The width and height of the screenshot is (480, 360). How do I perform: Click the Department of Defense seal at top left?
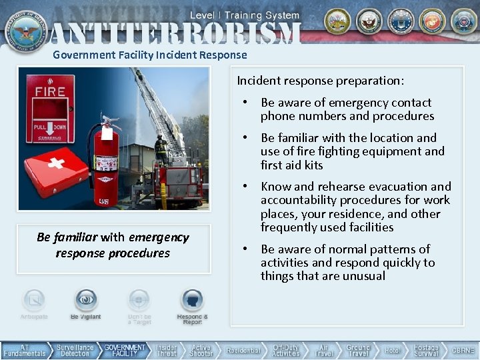(26, 29)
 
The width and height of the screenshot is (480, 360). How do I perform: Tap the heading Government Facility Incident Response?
(150, 55)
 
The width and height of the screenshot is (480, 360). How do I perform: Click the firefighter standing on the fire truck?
(161, 149)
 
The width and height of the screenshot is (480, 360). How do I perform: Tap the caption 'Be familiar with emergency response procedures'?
(113, 245)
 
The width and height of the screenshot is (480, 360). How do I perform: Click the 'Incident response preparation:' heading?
(320, 81)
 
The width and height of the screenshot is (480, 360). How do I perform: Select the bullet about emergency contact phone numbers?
(347, 109)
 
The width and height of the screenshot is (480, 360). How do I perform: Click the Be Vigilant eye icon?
(86, 301)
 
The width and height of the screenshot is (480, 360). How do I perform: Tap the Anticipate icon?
(34, 301)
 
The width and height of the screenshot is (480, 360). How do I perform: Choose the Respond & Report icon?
(192, 301)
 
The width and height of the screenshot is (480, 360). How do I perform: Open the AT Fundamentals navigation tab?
(25, 351)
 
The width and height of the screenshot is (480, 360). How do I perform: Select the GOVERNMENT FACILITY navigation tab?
(125, 351)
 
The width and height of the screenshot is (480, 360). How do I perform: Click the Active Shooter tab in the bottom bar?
(201, 351)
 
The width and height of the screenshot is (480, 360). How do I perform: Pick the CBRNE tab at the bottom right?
(463, 351)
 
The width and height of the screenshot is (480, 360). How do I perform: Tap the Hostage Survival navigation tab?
(426, 351)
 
